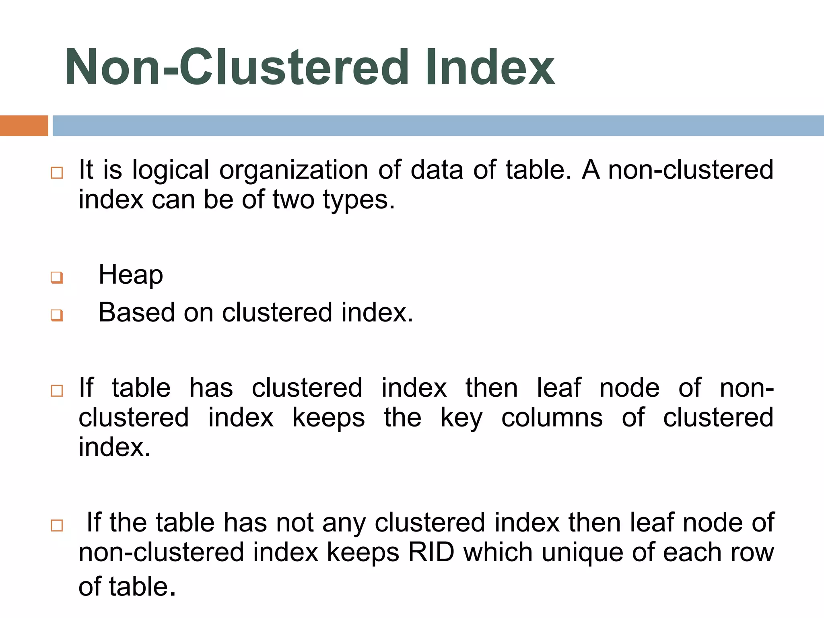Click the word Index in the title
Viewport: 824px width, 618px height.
tap(490, 67)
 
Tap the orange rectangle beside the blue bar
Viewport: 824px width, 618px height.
tap(24, 126)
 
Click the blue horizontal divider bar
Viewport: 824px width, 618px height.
tap(438, 126)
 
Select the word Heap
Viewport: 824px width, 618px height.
tap(131, 276)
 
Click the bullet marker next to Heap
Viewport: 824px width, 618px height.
tap(57, 277)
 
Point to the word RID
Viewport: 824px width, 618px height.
tap(431, 552)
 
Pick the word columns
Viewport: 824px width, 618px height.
tap(552, 418)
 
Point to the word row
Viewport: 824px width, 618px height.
tap(752, 553)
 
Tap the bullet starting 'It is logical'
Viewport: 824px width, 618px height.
tap(57, 173)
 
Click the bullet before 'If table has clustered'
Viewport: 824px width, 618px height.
tap(57, 391)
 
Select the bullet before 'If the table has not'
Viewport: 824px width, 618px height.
tap(57, 525)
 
